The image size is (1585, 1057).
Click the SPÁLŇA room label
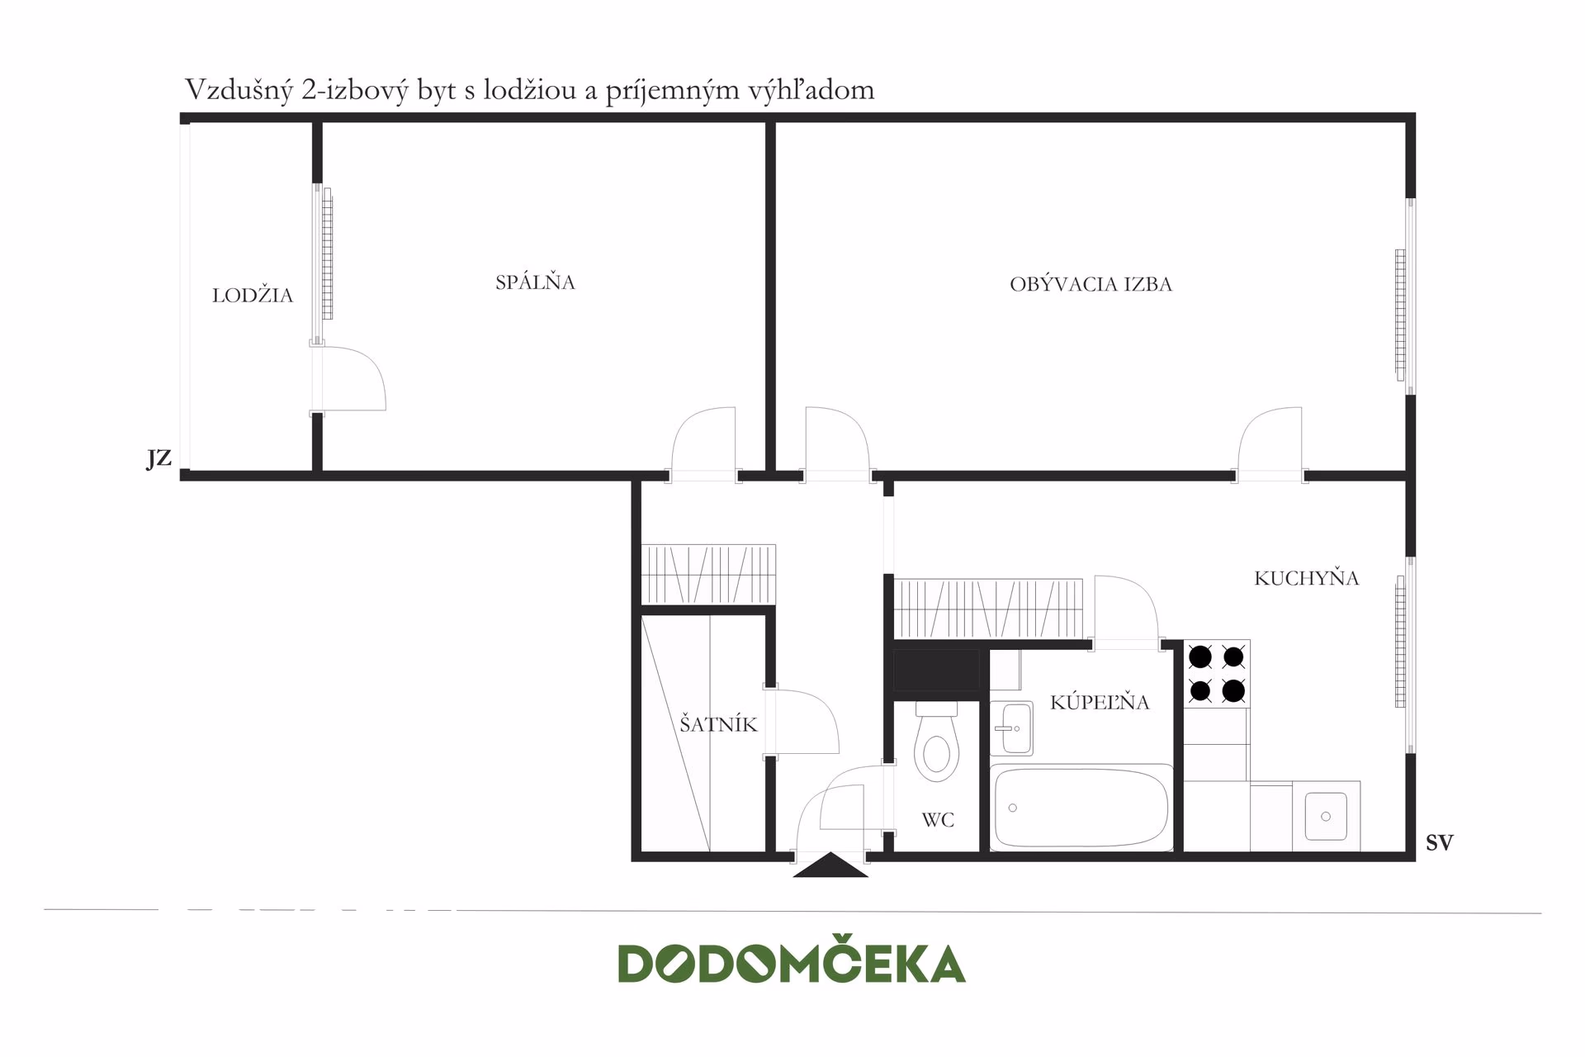535,282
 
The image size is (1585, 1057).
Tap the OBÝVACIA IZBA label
1091,283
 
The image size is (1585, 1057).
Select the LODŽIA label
253,295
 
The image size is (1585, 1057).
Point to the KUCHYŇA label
1306,577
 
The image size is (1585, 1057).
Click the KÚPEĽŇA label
1100,702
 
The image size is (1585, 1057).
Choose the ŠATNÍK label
718,724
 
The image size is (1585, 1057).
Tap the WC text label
938,820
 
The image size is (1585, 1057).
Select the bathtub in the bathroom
1081,808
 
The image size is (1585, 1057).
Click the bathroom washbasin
1011,728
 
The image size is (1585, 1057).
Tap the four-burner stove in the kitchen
1217,673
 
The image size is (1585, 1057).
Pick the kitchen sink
1326,816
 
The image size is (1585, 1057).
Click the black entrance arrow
830,865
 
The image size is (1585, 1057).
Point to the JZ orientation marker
159,458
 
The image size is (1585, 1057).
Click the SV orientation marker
1440,842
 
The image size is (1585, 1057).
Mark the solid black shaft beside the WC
936,671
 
